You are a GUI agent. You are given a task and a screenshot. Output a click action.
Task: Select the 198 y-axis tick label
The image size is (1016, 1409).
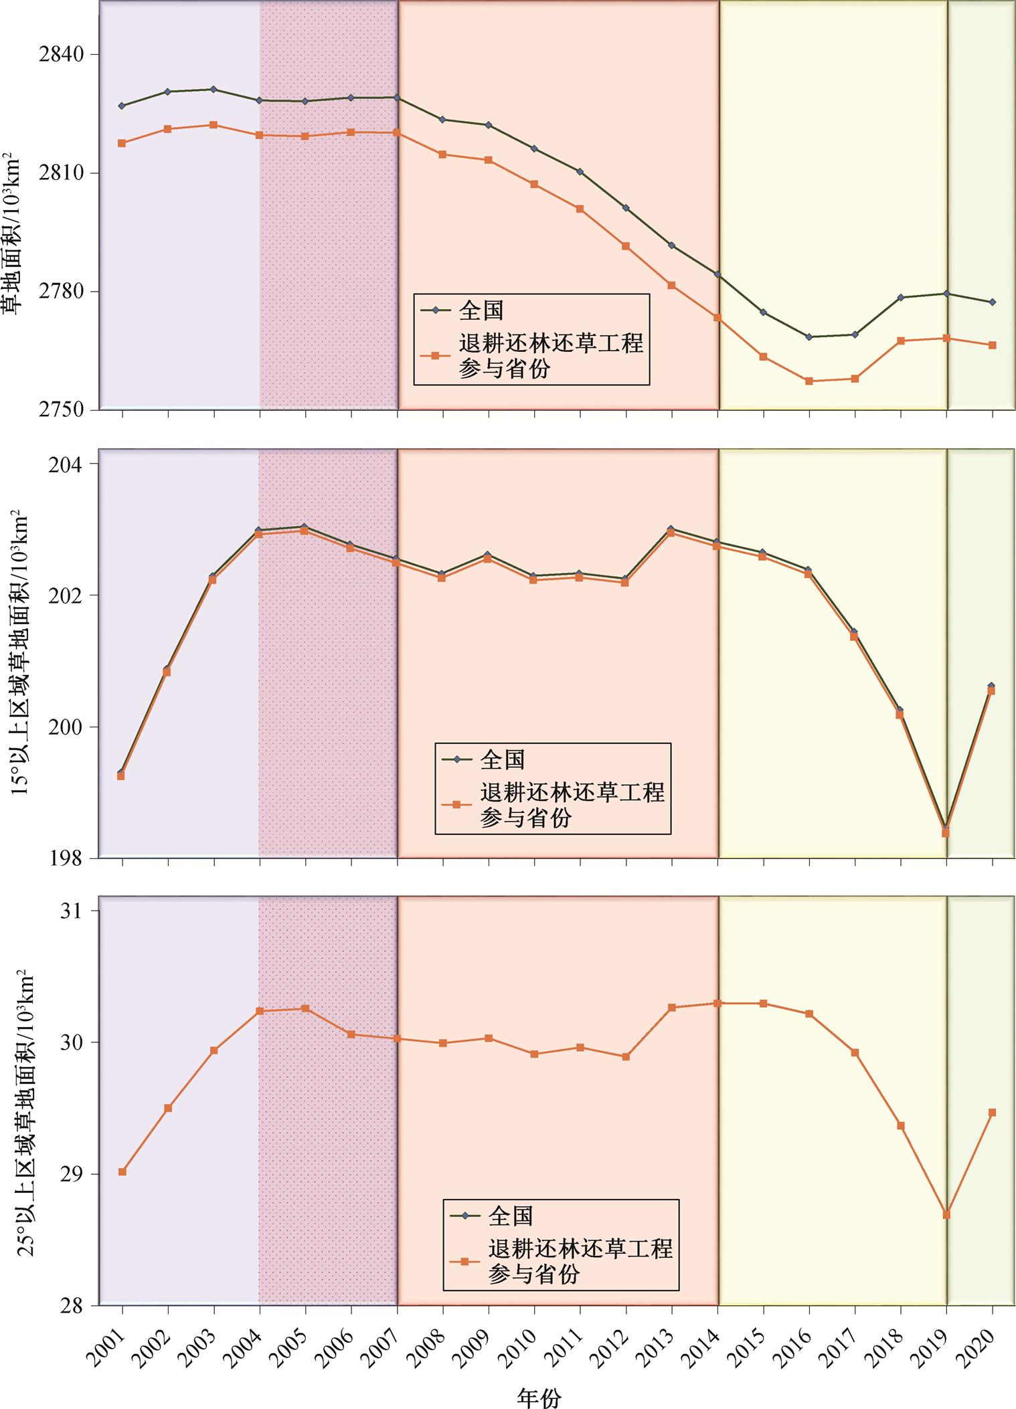click(x=70, y=858)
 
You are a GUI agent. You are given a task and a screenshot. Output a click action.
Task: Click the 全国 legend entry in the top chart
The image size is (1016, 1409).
click(x=481, y=310)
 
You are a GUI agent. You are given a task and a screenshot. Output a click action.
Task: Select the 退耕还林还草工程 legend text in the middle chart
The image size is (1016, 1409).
click(x=572, y=793)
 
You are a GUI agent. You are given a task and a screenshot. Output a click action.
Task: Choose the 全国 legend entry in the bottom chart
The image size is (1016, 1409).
click(x=510, y=1216)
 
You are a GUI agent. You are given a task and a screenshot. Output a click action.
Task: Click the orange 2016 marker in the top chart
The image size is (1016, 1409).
click(x=809, y=381)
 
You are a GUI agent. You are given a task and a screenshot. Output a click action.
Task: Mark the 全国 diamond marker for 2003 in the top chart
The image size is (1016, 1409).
click(x=214, y=89)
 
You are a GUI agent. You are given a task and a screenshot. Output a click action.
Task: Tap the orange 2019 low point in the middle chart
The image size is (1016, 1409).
click(x=946, y=833)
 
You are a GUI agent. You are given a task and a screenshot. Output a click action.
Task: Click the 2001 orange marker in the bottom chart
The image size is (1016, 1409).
click(x=122, y=1171)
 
